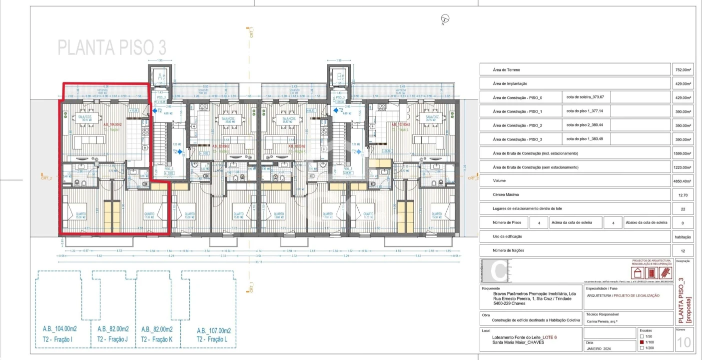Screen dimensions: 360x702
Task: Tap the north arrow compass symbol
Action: point(445,19)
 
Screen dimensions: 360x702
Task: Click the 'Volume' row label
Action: point(499,181)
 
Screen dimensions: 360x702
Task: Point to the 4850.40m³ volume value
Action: point(682,181)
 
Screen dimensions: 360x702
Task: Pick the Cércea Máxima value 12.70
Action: point(683,195)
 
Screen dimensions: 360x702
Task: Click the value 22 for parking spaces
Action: point(683,209)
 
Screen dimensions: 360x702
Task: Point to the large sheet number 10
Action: point(684,342)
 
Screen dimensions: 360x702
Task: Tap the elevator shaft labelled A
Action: point(160,76)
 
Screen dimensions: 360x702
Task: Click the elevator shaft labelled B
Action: point(339,76)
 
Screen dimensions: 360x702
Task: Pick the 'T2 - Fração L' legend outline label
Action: point(214,339)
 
